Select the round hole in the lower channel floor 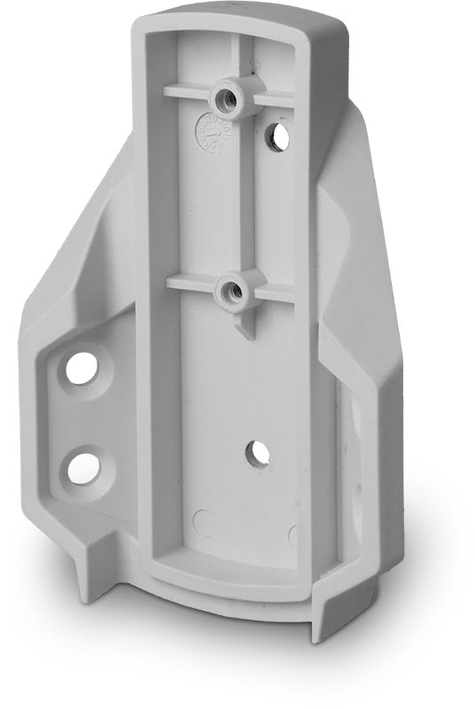[x=258, y=453]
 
